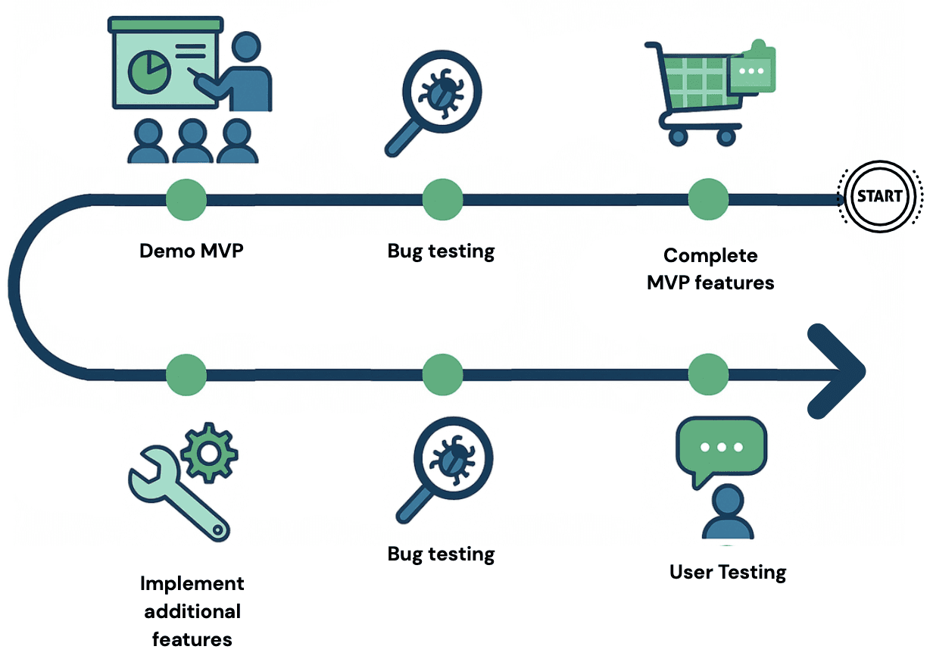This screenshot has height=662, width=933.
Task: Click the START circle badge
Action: point(879,195)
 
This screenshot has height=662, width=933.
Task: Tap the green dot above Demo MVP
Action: point(186,199)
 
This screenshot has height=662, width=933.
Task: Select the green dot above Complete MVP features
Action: point(708,199)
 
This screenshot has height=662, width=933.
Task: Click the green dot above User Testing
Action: point(708,373)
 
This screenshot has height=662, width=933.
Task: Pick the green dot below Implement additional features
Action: point(186,373)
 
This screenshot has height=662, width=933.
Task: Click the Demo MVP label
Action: point(192,251)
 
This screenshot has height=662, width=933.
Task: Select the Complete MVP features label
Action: point(710,269)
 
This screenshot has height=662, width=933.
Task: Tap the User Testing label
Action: point(728,572)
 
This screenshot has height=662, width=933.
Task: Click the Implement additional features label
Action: point(192,611)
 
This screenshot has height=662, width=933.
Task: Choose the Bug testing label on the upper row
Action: point(441,251)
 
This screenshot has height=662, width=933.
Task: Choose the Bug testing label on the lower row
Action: point(441,554)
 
